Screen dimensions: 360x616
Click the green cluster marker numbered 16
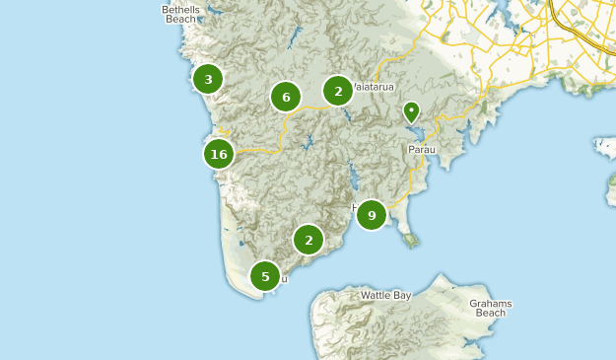click(x=219, y=154)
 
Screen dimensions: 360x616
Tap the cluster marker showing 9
click(x=372, y=214)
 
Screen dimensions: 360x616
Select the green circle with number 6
click(x=286, y=97)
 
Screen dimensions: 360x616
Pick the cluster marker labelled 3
click(x=208, y=79)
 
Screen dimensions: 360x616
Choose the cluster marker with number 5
click(x=265, y=276)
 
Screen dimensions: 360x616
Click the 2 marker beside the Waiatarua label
click(x=338, y=91)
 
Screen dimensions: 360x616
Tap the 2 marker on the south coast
click(x=308, y=239)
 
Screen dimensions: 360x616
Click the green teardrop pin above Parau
click(x=411, y=111)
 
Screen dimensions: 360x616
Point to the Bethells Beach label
click(x=180, y=14)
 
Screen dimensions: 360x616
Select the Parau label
click(x=421, y=150)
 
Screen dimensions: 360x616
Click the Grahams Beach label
click(x=490, y=308)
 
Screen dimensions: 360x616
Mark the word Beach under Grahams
click(x=490, y=314)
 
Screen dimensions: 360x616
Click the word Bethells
click(x=180, y=9)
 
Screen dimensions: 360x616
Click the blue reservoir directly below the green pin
click(x=416, y=132)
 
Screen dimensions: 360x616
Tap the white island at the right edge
click(x=604, y=148)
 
